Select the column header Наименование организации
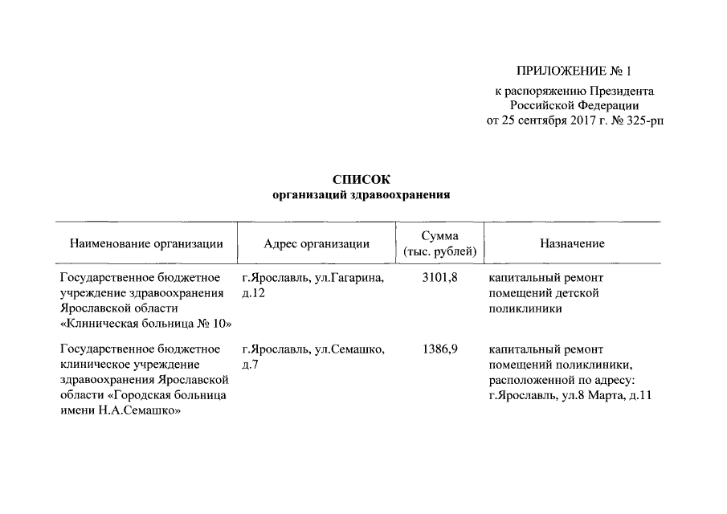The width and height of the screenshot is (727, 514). click(146, 244)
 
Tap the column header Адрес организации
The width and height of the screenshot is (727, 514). click(317, 244)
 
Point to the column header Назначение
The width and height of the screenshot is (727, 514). click(572, 244)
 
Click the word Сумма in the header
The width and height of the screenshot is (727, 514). click(440, 236)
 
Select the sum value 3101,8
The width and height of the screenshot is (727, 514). click(439, 278)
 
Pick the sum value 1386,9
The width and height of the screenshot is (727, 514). click(439, 349)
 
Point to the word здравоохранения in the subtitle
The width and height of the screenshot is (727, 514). click(402, 195)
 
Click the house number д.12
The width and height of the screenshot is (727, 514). click(253, 293)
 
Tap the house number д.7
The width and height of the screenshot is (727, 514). click(250, 365)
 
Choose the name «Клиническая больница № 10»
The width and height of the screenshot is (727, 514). click(146, 324)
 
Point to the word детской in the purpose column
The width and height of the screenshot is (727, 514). click(580, 293)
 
